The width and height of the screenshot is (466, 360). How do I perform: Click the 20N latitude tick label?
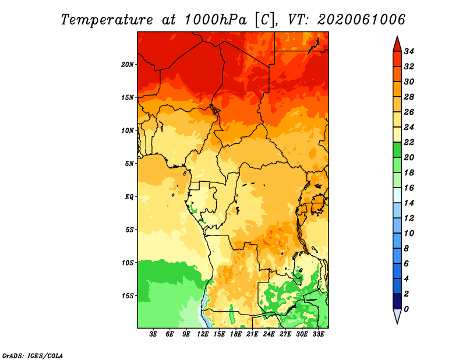(x=127, y=65)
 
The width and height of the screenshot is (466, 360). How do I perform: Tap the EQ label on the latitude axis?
(x=129, y=197)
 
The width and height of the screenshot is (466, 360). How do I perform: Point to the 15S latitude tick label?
(x=127, y=296)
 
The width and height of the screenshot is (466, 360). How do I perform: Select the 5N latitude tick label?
(x=129, y=164)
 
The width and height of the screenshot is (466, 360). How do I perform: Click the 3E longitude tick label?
(x=153, y=334)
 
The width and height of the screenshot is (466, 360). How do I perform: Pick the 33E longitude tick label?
(x=318, y=334)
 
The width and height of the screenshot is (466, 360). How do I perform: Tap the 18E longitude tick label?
(x=236, y=334)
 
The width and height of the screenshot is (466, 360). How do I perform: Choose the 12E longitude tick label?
(x=203, y=334)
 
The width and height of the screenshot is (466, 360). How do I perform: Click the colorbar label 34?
(x=409, y=51)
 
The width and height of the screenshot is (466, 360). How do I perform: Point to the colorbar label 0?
(x=406, y=309)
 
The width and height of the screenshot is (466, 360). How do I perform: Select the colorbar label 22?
(x=409, y=142)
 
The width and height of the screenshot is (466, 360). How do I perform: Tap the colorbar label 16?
(x=409, y=188)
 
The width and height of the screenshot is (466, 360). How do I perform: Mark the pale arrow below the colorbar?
(x=397, y=316)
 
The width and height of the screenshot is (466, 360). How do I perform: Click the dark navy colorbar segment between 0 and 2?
(x=397, y=301)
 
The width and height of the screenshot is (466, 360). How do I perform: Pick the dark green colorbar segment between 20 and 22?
(x=397, y=150)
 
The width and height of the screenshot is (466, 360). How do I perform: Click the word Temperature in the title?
(x=107, y=20)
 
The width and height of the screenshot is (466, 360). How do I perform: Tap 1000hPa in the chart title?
(x=216, y=20)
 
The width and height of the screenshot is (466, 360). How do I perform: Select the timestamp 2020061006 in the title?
(x=361, y=20)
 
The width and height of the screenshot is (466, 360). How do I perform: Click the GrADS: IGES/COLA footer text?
(x=33, y=356)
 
